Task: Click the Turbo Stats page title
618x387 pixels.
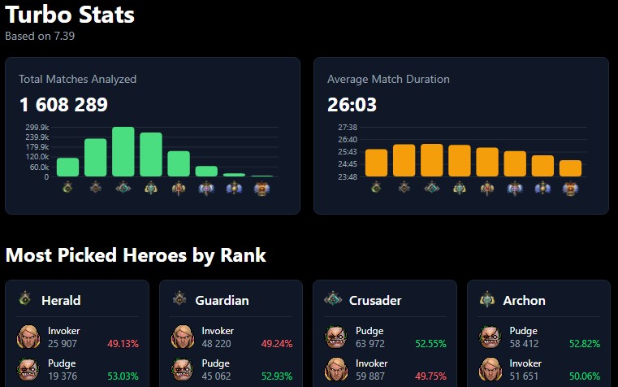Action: pyautogui.click(x=70, y=14)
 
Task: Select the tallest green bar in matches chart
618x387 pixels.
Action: pyautogui.click(x=123, y=151)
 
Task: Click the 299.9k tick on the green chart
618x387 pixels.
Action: pyautogui.click(x=37, y=128)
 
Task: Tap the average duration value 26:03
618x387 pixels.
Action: pyautogui.click(x=352, y=105)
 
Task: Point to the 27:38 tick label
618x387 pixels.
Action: pyautogui.click(x=347, y=128)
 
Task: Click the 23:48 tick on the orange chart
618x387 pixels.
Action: pyautogui.click(x=347, y=176)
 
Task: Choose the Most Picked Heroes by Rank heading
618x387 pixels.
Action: pyautogui.click(x=136, y=255)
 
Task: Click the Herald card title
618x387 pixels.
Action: pyautogui.click(x=61, y=300)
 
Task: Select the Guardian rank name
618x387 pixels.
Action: pyautogui.click(x=222, y=300)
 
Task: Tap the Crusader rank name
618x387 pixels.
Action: pyautogui.click(x=374, y=300)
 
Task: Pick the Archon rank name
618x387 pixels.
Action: pyautogui.click(x=524, y=300)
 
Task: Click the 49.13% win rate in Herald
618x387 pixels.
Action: pyautogui.click(x=123, y=344)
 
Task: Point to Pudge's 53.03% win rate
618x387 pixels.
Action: pyautogui.click(x=123, y=376)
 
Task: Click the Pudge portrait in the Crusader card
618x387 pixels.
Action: pyautogui.click(x=336, y=337)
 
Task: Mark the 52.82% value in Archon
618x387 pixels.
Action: pyautogui.click(x=585, y=344)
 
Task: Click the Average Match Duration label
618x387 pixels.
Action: pyautogui.click(x=388, y=80)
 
